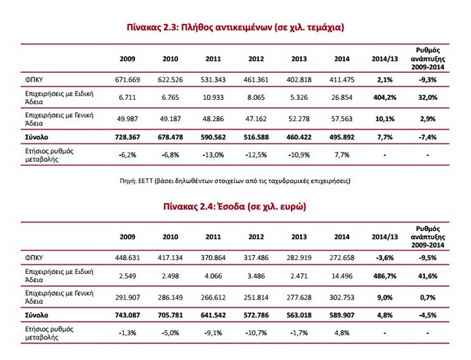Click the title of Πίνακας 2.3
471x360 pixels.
pos(235,27)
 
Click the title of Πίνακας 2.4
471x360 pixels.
pos(235,206)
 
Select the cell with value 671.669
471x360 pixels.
pos(128,80)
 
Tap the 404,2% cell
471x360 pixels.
pos(384,98)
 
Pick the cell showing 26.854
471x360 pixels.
pos(342,98)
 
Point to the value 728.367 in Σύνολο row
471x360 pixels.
pos(128,137)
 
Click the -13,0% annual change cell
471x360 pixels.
pos(213,155)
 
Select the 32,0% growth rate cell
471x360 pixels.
pos(428,98)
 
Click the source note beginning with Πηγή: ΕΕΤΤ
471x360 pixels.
pos(235,181)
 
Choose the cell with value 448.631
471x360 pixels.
pos(128,258)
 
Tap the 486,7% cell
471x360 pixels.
pos(384,276)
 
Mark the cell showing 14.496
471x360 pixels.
pos(342,276)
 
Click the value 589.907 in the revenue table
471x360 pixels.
pos(342,316)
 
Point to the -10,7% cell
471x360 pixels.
pos(256,333)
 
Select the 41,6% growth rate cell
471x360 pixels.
pos(428,276)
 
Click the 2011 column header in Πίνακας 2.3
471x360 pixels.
pos(213,59)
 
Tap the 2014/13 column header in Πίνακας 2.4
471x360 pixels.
pos(384,237)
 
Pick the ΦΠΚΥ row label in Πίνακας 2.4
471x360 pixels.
pos(34,258)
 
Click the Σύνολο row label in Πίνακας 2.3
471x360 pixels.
pos(36,137)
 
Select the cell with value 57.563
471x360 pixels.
pos(342,119)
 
